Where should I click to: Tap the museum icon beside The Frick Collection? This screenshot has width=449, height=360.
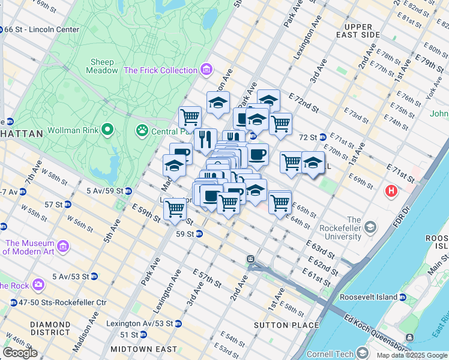point(206,70)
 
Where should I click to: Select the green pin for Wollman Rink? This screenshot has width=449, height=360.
point(108,130)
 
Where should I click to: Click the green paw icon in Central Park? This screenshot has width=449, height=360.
point(142,130)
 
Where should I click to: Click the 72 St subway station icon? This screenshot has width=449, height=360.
point(322,137)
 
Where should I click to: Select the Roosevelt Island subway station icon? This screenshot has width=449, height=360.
point(403,297)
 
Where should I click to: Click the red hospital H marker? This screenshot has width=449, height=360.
point(391,191)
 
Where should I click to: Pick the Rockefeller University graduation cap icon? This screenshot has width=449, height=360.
point(370,227)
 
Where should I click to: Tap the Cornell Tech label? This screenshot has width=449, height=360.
point(330,354)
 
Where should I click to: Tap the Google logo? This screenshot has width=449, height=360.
point(20,353)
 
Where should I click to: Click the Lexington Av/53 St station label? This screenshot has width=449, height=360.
point(139,323)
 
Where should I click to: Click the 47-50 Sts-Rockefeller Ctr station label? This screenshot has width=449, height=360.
point(58,302)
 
